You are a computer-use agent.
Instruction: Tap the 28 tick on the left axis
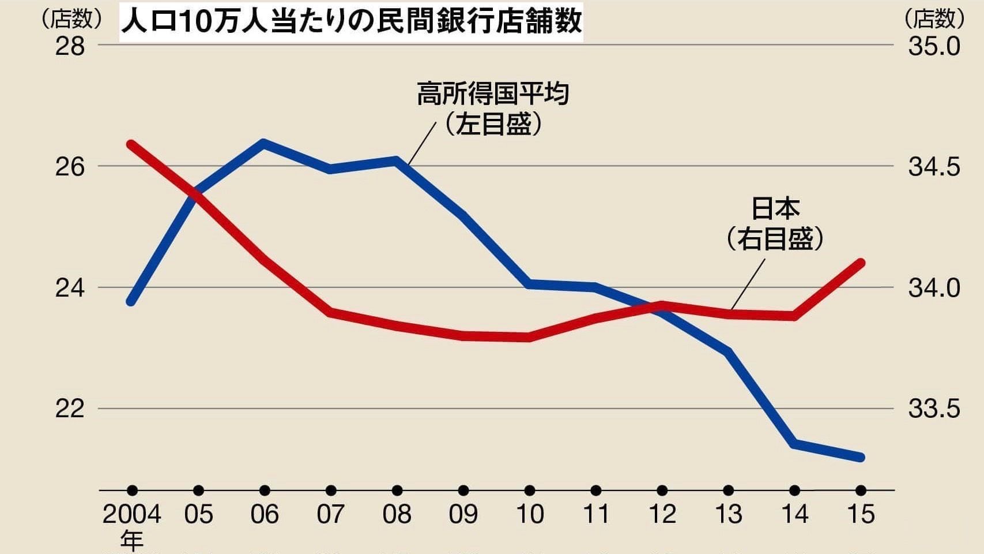[70, 46]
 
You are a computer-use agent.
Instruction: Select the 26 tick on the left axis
[70, 167]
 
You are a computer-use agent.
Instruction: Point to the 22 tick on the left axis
[70, 409]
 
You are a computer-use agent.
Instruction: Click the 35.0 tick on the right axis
[934, 46]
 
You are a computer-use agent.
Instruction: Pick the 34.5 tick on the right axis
[934, 167]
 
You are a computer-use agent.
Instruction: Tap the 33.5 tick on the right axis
[934, 409]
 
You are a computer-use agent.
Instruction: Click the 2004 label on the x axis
[132, 514]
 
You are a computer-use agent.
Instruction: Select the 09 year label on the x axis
[463, 514]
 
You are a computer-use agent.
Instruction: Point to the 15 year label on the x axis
[861, 514]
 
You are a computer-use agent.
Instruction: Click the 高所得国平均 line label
[493, 94]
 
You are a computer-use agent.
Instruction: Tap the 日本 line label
[775, 208]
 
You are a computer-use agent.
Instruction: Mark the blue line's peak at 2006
[263, 143]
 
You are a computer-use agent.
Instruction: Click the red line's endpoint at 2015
[861, 263]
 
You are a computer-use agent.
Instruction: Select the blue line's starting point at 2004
[131, 301]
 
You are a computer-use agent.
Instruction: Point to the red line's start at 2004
[131, 144]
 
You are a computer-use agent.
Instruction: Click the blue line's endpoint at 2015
[861, 457]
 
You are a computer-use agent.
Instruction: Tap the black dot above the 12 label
[662, 491]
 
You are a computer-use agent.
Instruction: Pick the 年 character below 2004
[132, 541]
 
